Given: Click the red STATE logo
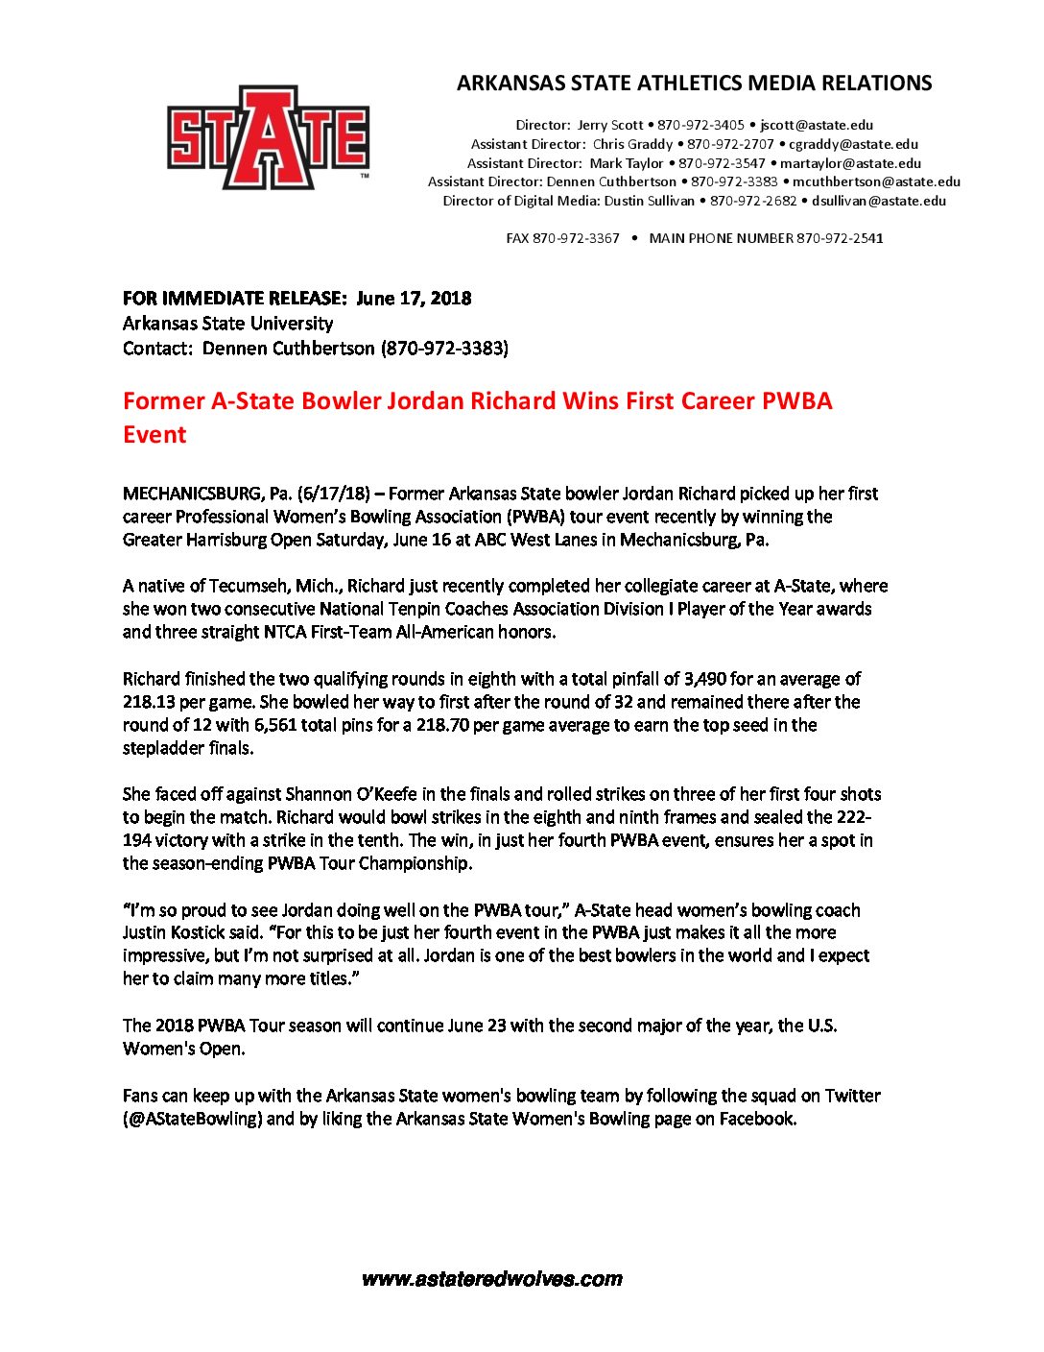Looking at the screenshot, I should pos(268,138).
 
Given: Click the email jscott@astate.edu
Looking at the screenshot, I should pos(817,125).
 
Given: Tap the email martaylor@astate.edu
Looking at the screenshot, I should pos(850,163).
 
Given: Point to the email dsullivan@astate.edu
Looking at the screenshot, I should pos(879,201).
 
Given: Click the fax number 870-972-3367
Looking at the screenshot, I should pos(576,238).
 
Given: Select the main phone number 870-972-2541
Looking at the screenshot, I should pos(840,238).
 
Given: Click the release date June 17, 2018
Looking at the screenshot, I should pos(414,298).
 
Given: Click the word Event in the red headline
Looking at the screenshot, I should pos(154,434).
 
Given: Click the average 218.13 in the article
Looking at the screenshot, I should pos(148,702).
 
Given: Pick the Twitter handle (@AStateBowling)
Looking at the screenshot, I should pos(192,1119).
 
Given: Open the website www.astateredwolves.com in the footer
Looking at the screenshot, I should pos(492,1279).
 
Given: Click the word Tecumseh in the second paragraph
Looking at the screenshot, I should pos(290,586).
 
